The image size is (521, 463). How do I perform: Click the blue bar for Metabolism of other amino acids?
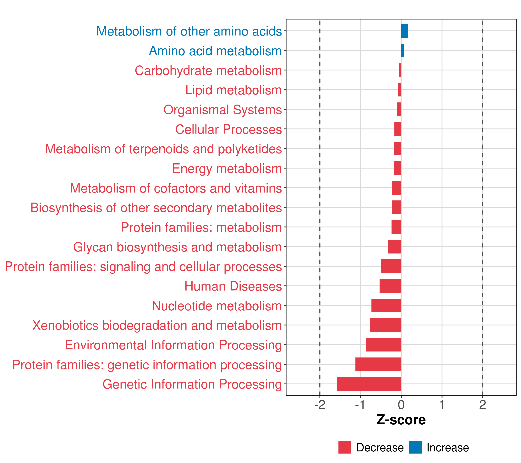coord(404,31)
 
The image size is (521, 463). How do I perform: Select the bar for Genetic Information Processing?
coord(369,384)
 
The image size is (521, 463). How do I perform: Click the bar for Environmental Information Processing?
coord(384,345)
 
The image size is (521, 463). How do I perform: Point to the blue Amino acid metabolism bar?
coord(403,51)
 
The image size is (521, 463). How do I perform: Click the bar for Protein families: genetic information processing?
coord(378,364)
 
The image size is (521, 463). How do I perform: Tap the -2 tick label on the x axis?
coord(320,405)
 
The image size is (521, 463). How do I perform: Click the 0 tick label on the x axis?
coord(401,405)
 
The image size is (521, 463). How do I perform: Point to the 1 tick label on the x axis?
coord(442,405)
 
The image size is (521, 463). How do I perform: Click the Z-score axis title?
coord(401,420)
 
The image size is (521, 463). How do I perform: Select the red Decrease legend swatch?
coord(345,447)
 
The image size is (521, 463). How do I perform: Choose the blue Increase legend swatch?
coord(415,447)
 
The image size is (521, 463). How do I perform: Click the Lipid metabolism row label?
coord(233,90)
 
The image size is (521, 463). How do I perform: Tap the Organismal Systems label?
coord(222,110)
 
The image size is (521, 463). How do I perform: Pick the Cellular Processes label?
coord(228,129)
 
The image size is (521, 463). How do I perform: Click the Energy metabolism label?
coord(227,168)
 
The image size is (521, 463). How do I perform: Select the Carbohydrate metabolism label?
coord(208,70)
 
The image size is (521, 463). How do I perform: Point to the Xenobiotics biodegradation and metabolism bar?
coord(385,325)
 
